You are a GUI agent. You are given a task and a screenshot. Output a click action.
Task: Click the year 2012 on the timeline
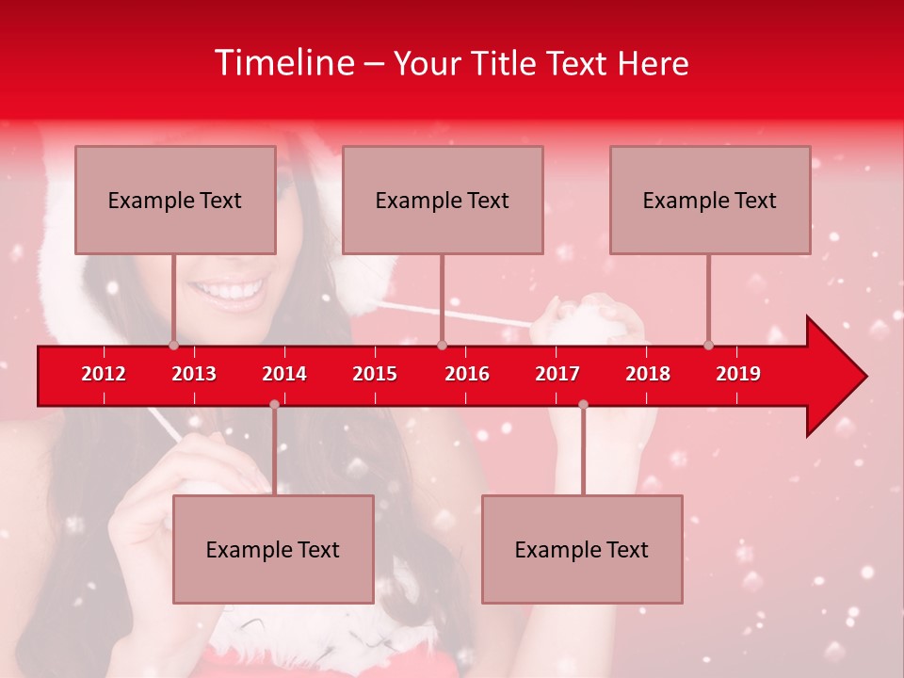(104, 374)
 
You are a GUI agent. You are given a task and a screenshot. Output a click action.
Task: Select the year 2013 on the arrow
(194, 374)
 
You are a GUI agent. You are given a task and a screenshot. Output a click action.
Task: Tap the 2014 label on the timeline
(284, 374)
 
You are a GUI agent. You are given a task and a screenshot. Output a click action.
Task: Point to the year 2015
(375, 374)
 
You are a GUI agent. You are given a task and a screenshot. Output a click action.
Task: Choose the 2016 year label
(467, 374)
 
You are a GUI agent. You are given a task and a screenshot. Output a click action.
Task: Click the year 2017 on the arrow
(557, 374)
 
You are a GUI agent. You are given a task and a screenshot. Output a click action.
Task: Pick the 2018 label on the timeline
(648, 374)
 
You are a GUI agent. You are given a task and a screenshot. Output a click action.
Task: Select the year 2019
(738, 374)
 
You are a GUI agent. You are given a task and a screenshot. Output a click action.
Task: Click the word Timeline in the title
(283, 63)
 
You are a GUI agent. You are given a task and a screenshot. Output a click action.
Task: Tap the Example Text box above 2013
(175, 200)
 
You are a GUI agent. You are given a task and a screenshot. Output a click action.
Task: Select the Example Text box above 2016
(443, 200)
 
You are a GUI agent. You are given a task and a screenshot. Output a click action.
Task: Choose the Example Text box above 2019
(710, 200)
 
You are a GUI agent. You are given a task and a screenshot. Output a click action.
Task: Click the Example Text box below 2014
(273, 549)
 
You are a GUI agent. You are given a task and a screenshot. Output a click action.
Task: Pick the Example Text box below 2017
(582, 549)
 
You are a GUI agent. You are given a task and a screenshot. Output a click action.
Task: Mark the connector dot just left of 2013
(173, 345)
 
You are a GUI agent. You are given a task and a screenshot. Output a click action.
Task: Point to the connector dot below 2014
(274, 405)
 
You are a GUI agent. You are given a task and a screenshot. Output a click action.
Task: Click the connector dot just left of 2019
(708, 345)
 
